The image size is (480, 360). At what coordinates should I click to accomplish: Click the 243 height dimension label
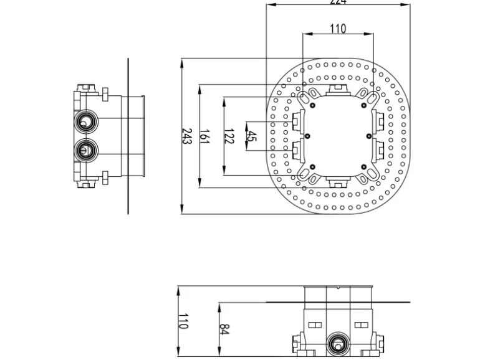(186, 136)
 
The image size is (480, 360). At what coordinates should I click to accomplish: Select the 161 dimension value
(204, 136)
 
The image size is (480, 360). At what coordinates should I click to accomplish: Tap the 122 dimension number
(228, 136)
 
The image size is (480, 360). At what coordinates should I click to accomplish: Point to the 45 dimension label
(251, 136)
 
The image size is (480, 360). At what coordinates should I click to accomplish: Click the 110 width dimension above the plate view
(337, 29)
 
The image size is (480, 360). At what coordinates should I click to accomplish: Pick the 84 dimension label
(224, 328)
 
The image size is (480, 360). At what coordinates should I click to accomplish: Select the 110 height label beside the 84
(183, 321)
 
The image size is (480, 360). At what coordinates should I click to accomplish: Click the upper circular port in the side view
(85, 120)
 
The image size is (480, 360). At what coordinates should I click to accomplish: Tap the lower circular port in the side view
(85, 149)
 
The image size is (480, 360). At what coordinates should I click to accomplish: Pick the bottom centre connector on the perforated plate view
(337, 182)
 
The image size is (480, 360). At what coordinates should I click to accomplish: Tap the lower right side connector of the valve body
(380, 150)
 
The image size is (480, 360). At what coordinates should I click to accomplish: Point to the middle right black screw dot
(369, 135)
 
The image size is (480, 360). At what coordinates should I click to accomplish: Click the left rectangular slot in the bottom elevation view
(314, 324)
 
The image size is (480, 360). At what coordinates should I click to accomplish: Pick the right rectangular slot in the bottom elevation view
(360, 324)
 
